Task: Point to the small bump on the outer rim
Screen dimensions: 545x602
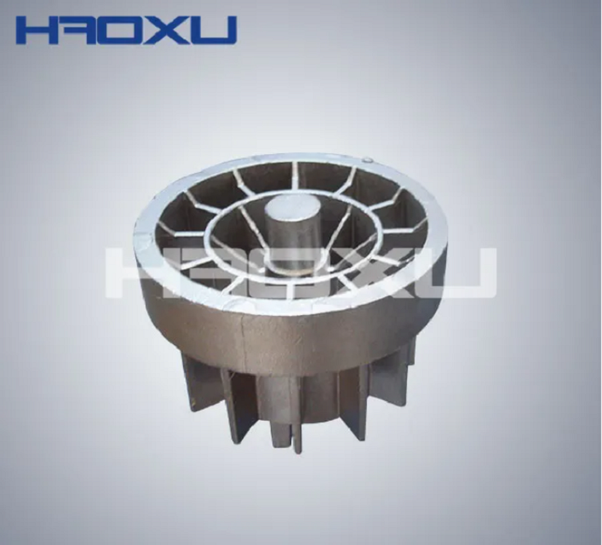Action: [367, 159]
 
